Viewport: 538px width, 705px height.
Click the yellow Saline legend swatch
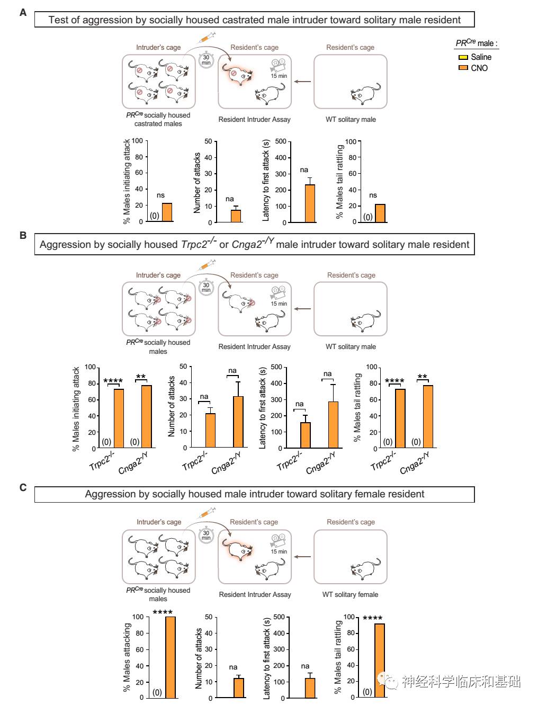[x=463, y=57]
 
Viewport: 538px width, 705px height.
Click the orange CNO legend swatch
[x=463, y=68]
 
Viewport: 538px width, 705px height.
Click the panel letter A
[x=23, y=12]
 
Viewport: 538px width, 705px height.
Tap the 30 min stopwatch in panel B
[x=206, y=288]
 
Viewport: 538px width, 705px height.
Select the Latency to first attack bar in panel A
[x=310, y=203]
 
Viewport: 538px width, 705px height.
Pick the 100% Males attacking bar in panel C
[x=171, y=657]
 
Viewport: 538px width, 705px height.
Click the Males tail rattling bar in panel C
[x=380, y=661]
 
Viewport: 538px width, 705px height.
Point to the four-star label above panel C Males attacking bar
[x=163, y=612]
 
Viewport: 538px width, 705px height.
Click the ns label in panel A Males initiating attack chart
[x=160, y=195]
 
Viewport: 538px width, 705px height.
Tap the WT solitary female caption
[x=350, y=594]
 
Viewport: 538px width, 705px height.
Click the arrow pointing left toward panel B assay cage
[x=302, y=309]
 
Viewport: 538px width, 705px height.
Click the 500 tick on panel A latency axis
[x=281, y=141]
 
